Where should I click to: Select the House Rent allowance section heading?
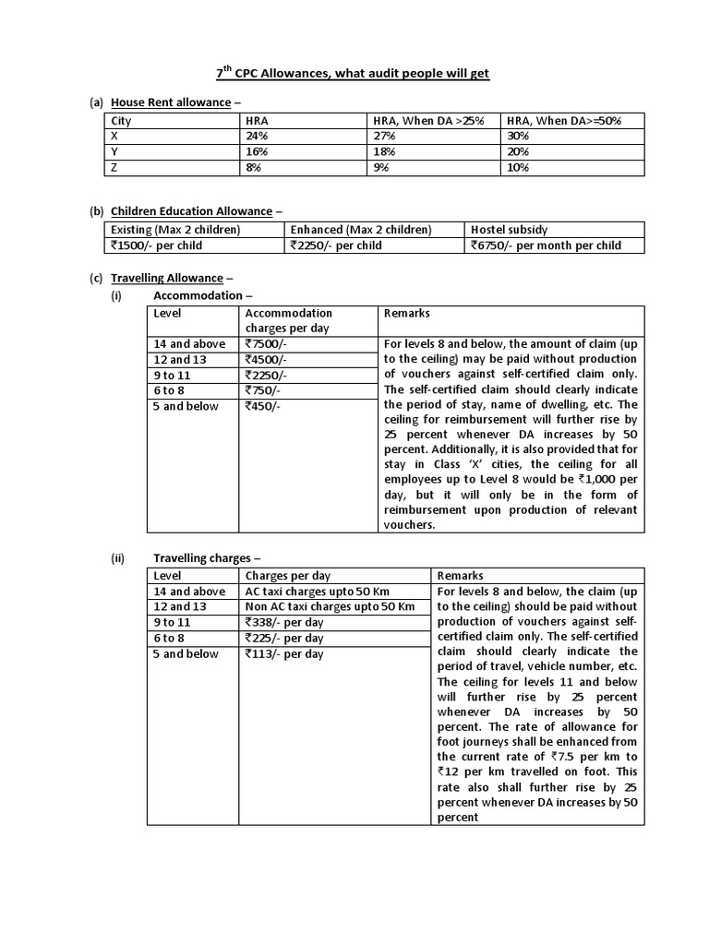(170, 102)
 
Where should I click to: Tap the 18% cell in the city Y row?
(384, 151)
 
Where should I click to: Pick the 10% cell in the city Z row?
(519, 167)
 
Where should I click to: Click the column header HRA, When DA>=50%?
(561, 120)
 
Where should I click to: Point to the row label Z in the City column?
(114, 167)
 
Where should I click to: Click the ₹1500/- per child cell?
(156, 245)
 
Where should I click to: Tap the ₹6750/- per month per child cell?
(546, 245)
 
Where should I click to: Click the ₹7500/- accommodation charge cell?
(268, 344)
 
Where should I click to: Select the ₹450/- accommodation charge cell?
(264, 407)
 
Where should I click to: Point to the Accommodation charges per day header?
(288, 320)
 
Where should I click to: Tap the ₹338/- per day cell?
(284, 622)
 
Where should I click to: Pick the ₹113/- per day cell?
(284, 653)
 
